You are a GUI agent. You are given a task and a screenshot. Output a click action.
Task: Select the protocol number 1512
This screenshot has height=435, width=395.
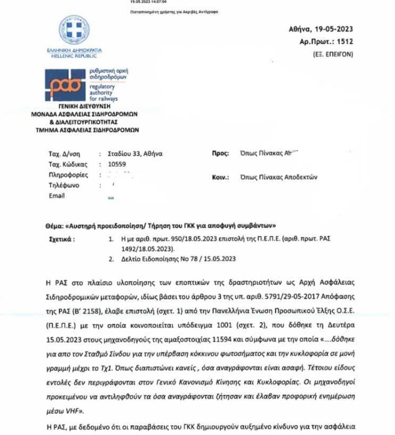pyautogui.click(x=345, y=42)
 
